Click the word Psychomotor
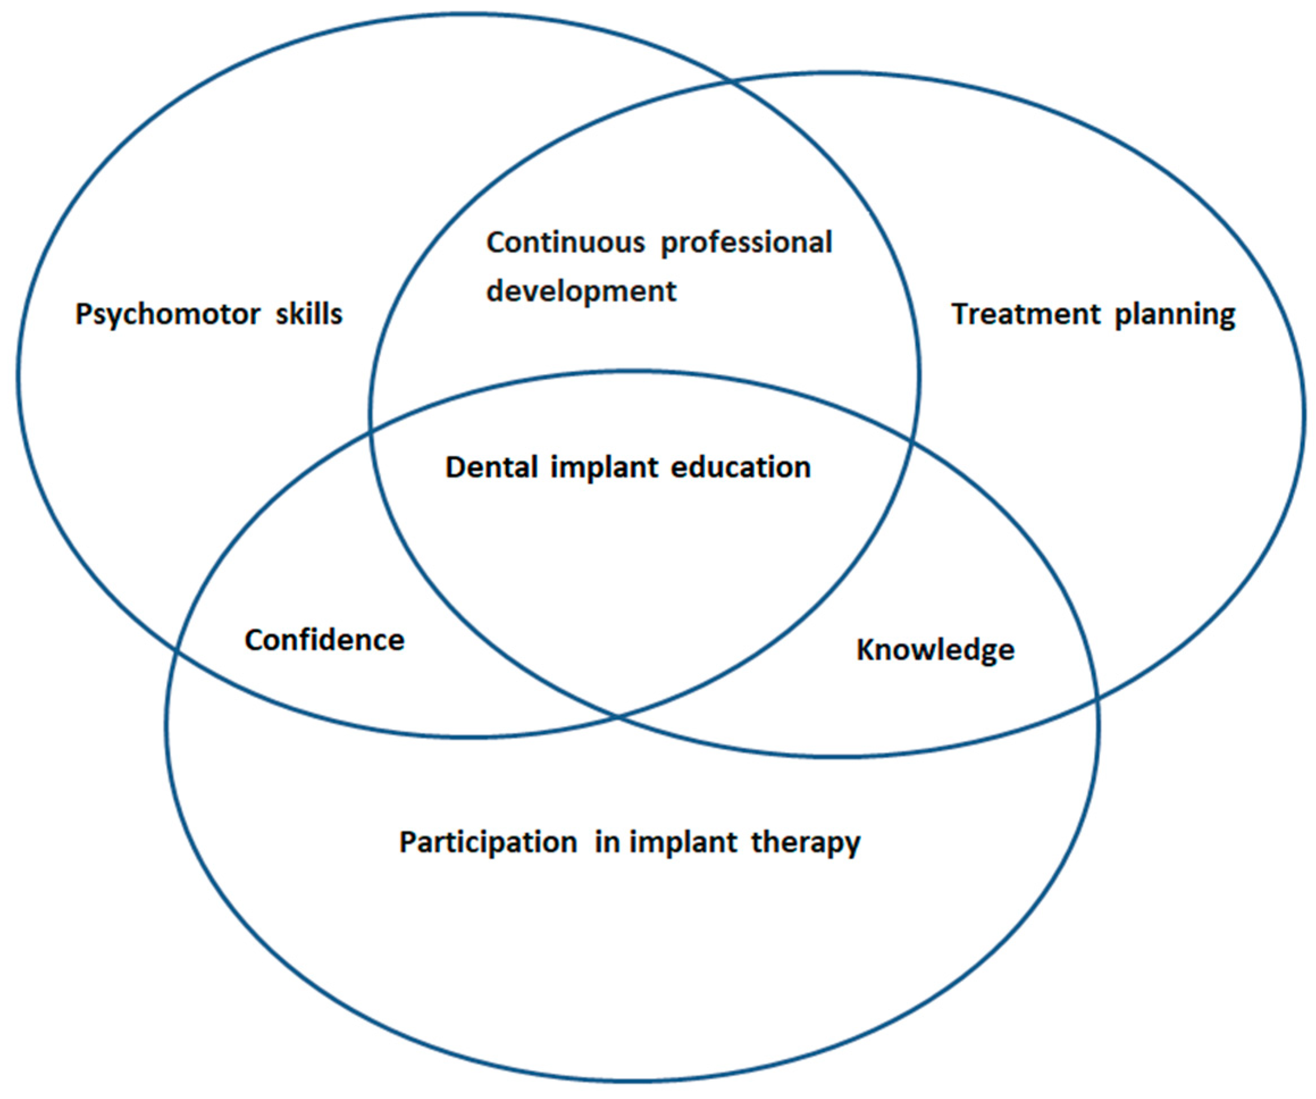pos(166,314)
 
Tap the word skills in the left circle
pos(309,313)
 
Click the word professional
pos(746,242)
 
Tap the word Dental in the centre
pos(491,468)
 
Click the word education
pos(740,468)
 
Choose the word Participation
pos(488,842)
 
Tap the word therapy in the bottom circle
pos(805,842)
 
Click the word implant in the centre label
pos(603,468)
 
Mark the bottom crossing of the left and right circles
pos(618,716)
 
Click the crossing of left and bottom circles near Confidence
pos(176,653)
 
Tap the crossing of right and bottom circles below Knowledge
pos(1096,698)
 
